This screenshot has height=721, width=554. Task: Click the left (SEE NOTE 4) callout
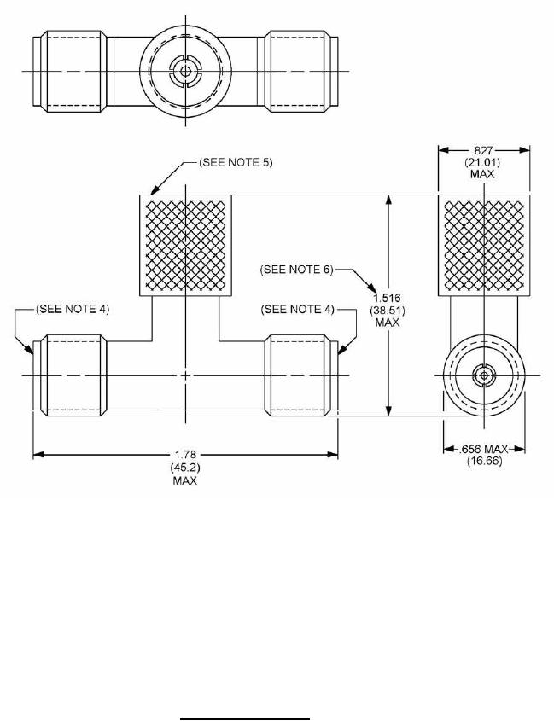[73, 308]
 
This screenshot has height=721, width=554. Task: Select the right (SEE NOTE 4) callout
[298, 308]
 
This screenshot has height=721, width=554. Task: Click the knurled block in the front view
[185, 243]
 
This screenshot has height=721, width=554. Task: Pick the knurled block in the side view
[484, 243]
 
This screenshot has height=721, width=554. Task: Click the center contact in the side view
[484, 375]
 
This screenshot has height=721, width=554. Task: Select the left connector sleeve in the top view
[72, 71]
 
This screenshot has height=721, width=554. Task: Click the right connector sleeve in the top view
[299, 71]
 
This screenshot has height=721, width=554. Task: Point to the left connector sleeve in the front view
[72, 375]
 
